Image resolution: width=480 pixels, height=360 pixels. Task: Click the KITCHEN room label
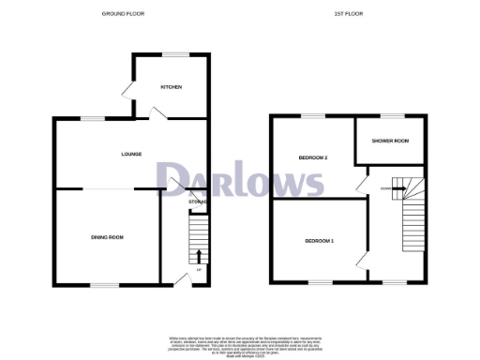(x=171, y=87)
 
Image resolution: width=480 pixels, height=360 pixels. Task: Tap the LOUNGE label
(x=130, y=154)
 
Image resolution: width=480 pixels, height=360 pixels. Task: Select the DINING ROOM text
(x=107, y=237)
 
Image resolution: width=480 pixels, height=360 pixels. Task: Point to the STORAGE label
(x=198, y=202)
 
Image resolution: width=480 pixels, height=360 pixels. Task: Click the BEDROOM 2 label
(x=313, y=157)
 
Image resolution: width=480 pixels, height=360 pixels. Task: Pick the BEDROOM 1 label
(x=319, y=242)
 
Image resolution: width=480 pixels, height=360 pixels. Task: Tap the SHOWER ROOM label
(x=390, y=141)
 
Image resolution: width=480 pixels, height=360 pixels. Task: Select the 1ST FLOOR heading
(x=348, y=14)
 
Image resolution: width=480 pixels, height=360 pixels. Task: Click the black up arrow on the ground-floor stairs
(x=198, y=257)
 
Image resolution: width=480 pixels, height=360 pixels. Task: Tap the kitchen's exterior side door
(x=127, y=91)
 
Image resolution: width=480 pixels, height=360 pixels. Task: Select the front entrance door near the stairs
(x=178, y=278)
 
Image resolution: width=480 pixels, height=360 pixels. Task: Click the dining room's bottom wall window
(x=104, y=284)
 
